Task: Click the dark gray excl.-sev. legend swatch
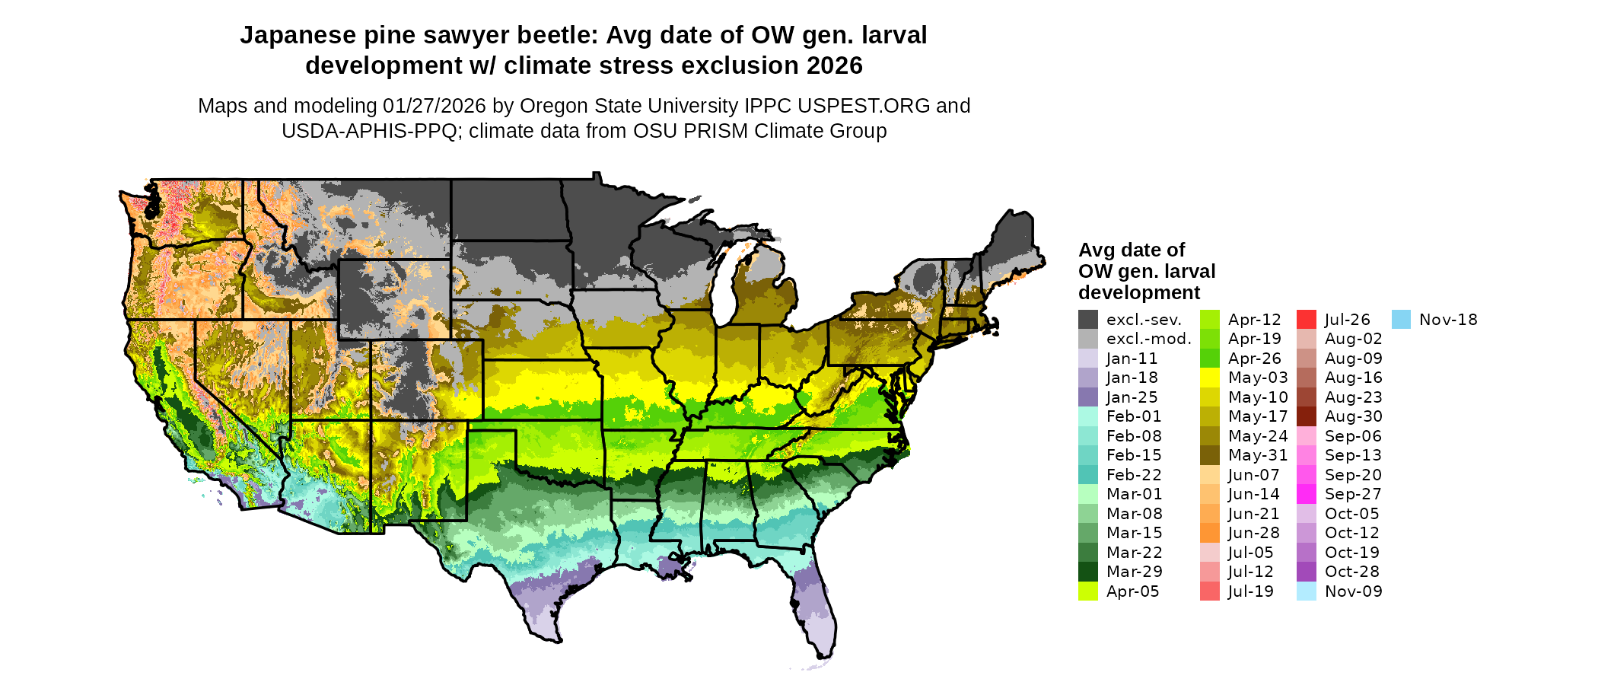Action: [x=1088, y=320]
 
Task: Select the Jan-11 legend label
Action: [x=1132, y=359]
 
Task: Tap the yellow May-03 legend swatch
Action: [x=1210, y=378]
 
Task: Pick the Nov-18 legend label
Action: [x=1448, y=320]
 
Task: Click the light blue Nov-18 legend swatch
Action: [x=1401, y=320]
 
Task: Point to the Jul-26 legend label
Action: [x=1347, y=320]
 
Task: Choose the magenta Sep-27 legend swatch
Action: [x=1307, y=494]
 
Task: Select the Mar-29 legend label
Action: [x=1134, y=572]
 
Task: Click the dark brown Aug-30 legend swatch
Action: [x=1307, y=416]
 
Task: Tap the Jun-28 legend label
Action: [x=1253, y=533]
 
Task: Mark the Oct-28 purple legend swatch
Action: [x=1307, y=572]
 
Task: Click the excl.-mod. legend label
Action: [x=1148, y=339]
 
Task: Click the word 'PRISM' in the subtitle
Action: [x=715, y=131]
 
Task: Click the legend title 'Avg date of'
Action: [x=1132, y=250]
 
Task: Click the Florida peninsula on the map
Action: [x=815, y=601]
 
